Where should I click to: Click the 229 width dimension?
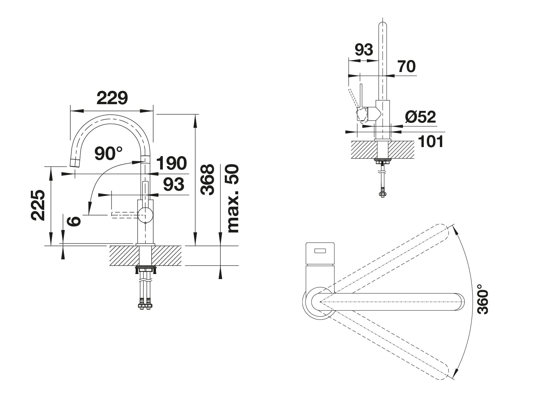112,98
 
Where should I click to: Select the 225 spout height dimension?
38,205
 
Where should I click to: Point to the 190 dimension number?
172,163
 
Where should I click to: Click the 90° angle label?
109,153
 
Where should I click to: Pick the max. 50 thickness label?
232,198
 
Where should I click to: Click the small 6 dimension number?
73,221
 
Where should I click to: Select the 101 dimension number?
431,141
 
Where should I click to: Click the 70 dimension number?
407,66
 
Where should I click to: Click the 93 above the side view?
364,50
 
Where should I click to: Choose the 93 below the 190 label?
174,184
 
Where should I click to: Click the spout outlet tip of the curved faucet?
75,162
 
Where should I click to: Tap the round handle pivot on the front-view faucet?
145,215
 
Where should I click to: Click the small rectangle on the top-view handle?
320,251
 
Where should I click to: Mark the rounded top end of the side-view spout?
383,25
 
